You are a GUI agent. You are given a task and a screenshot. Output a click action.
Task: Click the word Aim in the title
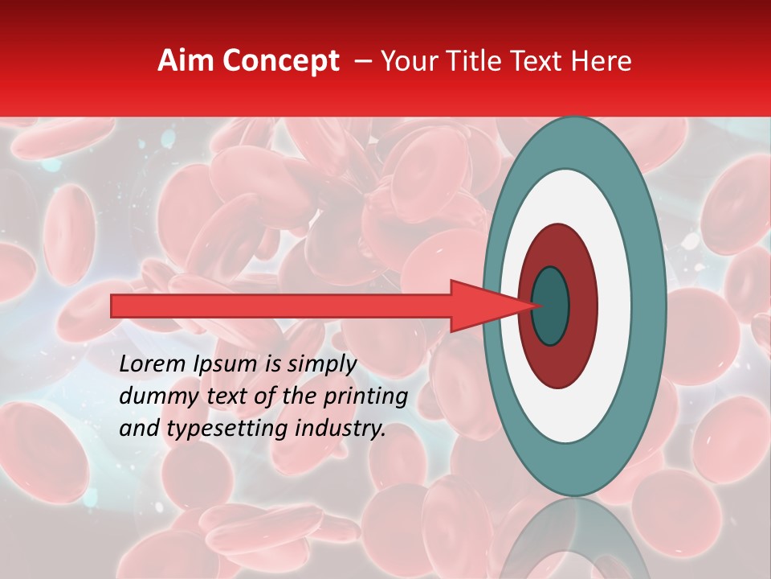click(186, 61)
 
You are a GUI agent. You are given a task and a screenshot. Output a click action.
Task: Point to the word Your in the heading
click(406, 61)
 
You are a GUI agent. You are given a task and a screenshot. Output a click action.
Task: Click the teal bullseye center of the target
click(551, 306)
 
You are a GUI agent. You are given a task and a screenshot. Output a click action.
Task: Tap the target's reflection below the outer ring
click(575, 539)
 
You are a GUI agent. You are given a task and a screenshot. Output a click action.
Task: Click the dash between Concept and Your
click(362, 62)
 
